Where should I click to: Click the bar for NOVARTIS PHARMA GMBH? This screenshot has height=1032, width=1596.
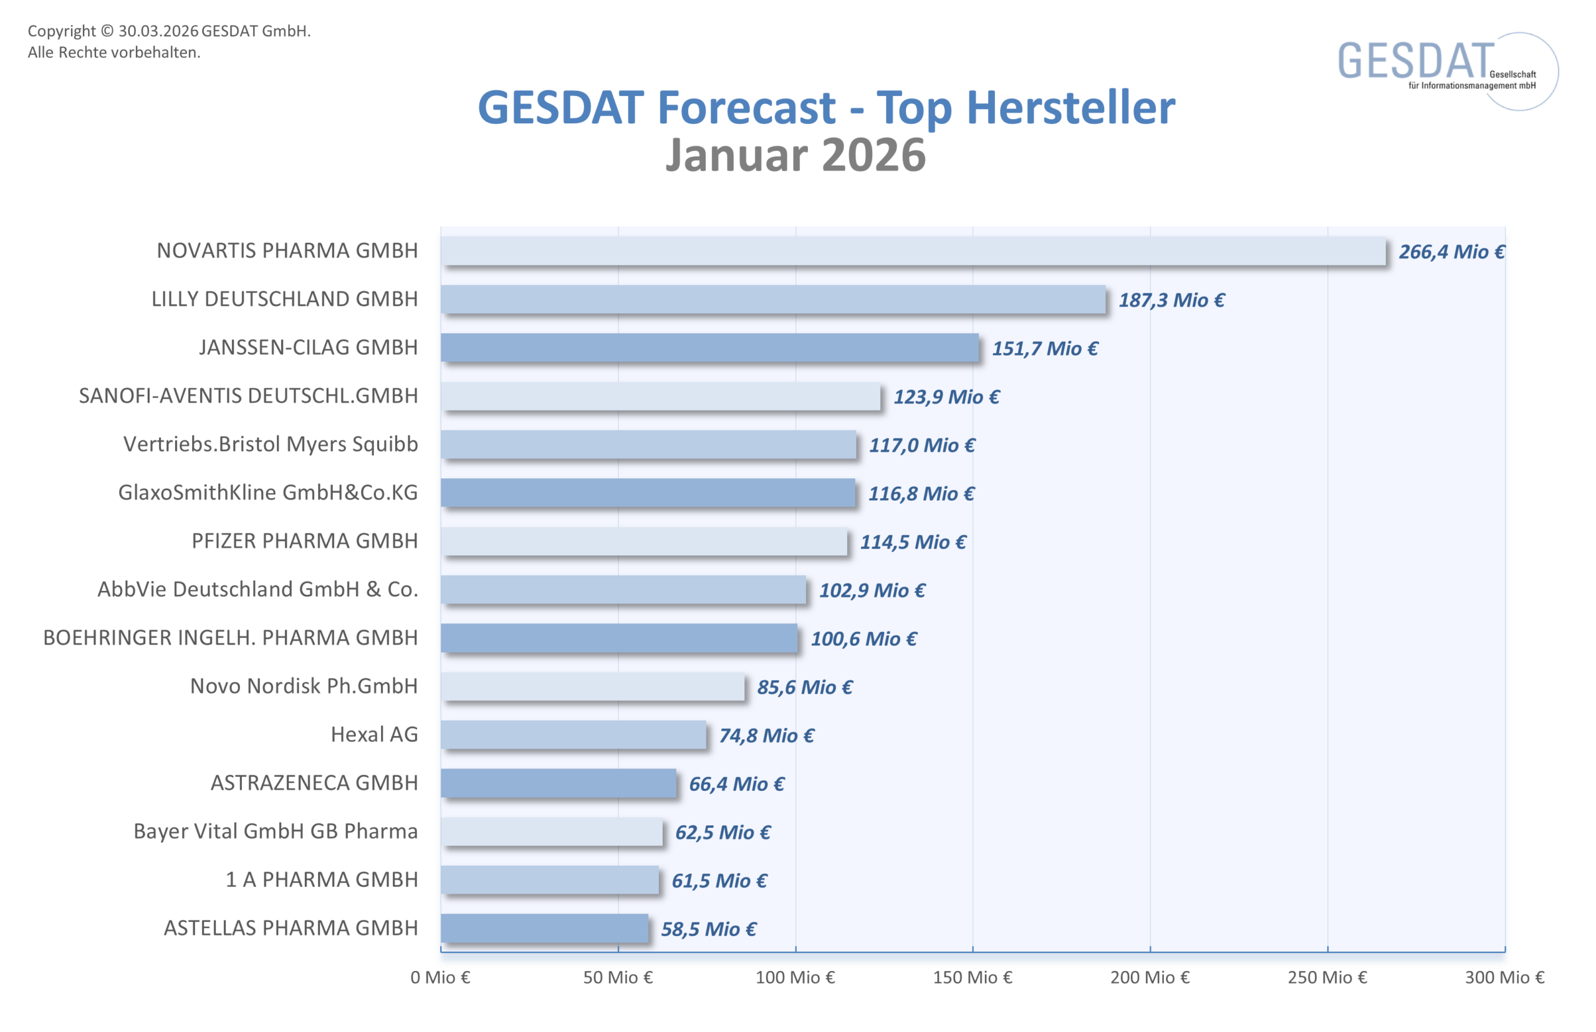[x=912, y=251]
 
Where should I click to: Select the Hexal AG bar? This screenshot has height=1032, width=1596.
[x=574, y=735]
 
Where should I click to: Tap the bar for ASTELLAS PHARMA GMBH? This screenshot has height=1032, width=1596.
[x=544, y=929]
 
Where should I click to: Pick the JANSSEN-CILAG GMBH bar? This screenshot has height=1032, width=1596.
[x=709, y=348]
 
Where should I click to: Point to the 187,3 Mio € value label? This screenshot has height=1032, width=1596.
[x=1171, y=300]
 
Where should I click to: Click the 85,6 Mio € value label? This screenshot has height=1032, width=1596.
[x=805, y=688]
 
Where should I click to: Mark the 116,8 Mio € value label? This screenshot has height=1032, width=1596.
[x=921, y=494]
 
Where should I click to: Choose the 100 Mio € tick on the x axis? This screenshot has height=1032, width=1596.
[x=796, y=978]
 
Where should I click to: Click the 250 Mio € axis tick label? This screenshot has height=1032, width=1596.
[x=1327, y=978]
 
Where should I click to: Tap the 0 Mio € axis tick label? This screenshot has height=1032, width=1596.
[x=441, y=978]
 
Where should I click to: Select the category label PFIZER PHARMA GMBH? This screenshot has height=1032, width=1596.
[x=304, y=541]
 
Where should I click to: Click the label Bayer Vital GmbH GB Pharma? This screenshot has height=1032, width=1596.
[x=276, y=831]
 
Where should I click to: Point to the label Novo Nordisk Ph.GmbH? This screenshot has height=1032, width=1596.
[x=304, y=686]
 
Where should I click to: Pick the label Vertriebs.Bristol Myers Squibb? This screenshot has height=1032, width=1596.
[x=270, y=444]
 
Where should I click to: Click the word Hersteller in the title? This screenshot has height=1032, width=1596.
[x=1070, y=107]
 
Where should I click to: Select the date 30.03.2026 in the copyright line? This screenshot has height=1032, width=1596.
[x=158, y=31]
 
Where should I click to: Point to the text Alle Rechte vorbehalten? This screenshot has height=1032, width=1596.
[x=114, y=52]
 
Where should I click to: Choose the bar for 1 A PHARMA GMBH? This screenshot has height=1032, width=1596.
[x=550, y=880]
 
